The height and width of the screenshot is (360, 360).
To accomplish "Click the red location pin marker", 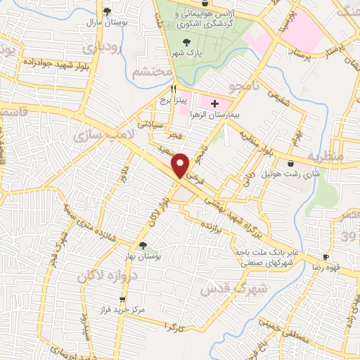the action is click(x=181, y=165).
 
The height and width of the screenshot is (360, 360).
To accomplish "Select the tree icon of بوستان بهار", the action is click(x=143, y=245).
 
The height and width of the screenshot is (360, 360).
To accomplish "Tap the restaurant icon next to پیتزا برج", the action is click(x=173, y=89).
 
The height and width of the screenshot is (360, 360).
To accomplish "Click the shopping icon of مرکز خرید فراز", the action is click(x=104, y=299).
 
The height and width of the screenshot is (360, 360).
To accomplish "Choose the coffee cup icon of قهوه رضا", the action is click(x=326, y=257).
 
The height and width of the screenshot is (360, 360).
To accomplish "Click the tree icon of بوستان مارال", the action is click(x=107, y=11).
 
